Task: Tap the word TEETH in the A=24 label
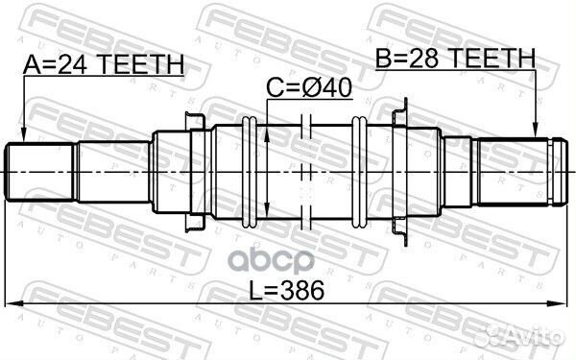click(x=134, y=64)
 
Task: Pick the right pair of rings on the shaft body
click(x=359, y=171)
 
